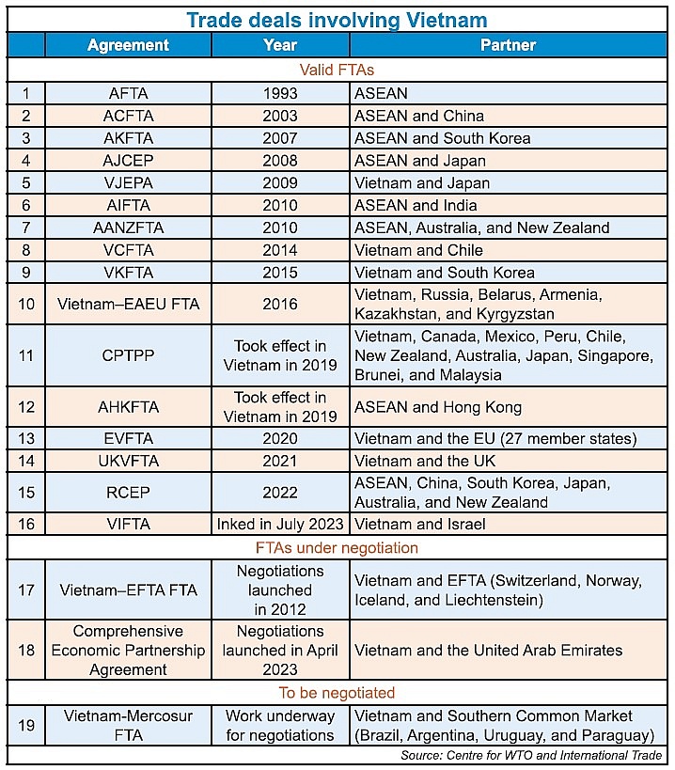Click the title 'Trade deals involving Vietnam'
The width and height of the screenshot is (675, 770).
[336, 19]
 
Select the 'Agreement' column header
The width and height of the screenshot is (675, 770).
[128, 45]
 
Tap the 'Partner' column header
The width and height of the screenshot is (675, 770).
[508, 45]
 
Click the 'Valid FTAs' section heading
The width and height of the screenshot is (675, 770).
[337, 70]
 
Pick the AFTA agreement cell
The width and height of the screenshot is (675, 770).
[128, 93]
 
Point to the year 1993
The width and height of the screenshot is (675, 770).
[280, 93]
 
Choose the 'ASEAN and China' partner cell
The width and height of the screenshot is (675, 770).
[419, 116]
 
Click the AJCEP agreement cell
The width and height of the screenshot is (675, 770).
[128, 161]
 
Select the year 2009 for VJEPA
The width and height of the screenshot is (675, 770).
[280, 183]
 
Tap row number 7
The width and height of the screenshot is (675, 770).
[26, 228]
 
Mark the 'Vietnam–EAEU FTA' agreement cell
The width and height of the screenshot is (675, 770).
[128, 305]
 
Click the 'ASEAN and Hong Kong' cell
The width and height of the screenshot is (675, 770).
[438, 408]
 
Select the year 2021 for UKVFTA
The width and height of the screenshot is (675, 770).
[280, 462]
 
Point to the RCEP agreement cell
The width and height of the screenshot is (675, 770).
[128, 493]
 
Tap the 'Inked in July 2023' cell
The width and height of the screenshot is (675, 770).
[280, 525]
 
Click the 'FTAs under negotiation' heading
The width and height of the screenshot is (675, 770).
[337, 547]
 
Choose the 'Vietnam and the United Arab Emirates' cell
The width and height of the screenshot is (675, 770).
[488, 650]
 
